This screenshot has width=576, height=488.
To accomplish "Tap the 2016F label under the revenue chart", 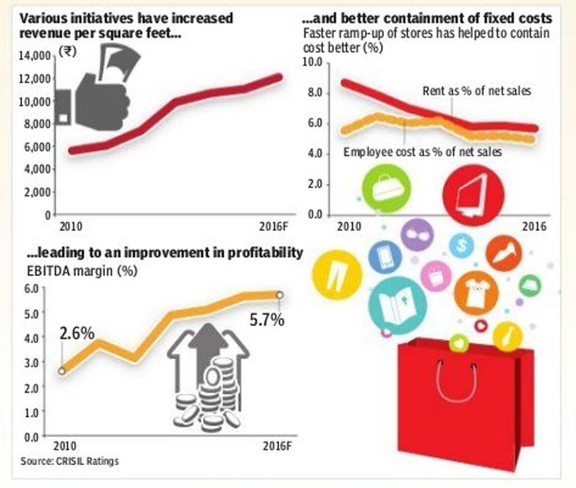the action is point(273,226).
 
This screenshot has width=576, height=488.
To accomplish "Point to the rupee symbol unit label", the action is point(68,51).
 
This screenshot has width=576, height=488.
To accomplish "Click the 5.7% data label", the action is point(267,320).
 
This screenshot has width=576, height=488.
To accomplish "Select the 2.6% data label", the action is point(77,333).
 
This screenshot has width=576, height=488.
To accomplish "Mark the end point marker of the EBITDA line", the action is point(280,295).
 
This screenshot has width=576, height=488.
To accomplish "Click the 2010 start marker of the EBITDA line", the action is point(62,371).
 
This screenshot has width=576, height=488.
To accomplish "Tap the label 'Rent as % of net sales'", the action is point(476,91).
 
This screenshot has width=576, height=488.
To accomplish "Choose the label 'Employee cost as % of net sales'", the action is point(422,152).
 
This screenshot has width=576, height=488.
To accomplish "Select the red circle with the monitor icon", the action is point(473,195).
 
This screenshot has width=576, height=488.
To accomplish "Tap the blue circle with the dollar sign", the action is point(462,245).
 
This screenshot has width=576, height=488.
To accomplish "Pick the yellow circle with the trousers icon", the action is point(337,275).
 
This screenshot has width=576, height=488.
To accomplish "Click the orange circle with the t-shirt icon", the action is point(476,293).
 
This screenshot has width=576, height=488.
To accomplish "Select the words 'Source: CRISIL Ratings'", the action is point(70,461).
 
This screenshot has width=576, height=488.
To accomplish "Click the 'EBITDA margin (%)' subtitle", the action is point(82,271).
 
